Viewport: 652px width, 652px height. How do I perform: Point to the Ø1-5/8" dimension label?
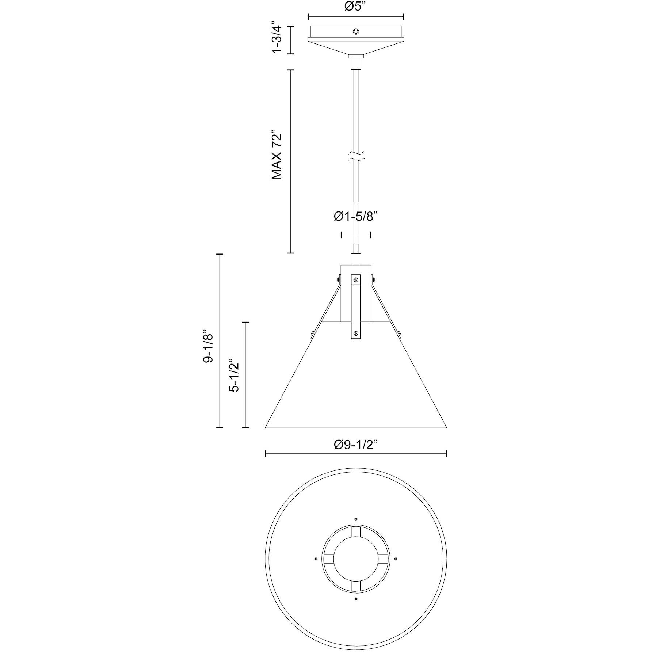[355, 217]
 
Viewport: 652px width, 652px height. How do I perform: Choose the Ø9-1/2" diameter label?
[355, 445]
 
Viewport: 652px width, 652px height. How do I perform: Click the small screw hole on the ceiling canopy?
[355, 32]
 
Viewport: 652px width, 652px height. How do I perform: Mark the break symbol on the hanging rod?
[355, 156]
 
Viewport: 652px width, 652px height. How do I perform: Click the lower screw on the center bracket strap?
[355, 333]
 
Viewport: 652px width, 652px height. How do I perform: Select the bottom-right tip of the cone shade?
[446, 427]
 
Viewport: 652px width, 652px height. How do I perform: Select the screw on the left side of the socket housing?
[339, 280]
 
